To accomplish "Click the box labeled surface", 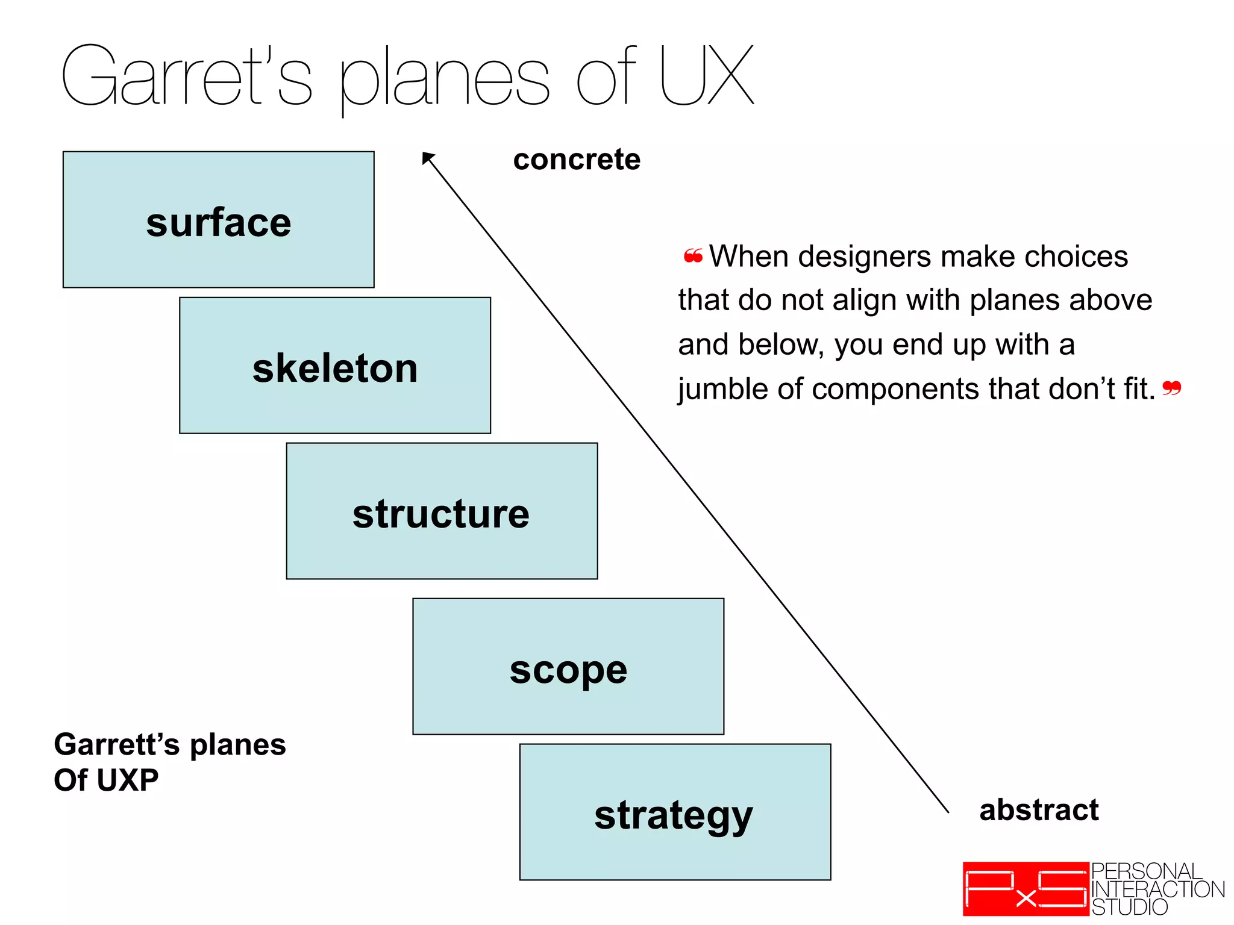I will (x=218, y=220).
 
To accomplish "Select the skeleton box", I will (x=335, y=366).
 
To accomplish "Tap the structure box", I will (x=442, y=511).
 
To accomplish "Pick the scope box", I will (x=568, y=667).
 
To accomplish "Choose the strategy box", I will (x=675, y=812).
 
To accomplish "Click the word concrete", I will (x=577, y=160).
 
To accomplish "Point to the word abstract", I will (x=1039, y=810).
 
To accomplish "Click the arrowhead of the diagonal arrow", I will (x=427, y=158).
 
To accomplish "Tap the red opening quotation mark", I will (x=693, y=257).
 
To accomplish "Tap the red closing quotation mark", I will (x=1171, y=388).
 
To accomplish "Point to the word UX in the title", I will (x=706, y=75).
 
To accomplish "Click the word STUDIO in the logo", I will (x=1129, y=907).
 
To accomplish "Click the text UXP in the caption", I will (x=127, y=780).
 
